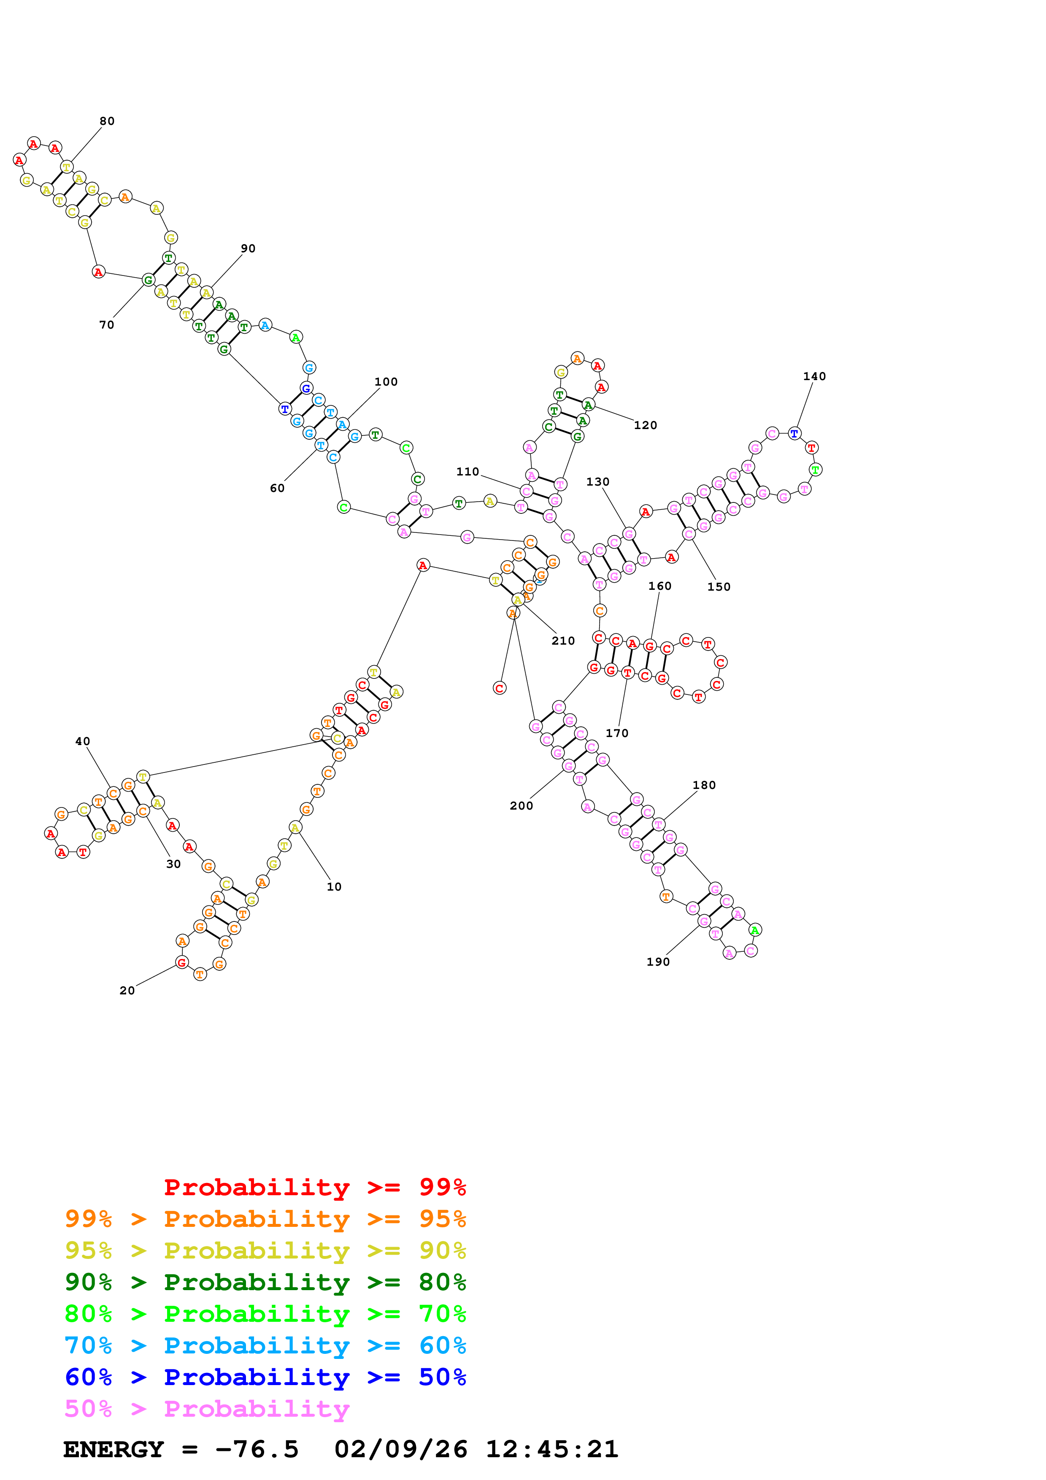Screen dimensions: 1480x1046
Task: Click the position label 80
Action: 107,121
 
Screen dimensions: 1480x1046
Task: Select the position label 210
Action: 562,641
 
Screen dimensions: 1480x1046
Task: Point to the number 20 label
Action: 127,991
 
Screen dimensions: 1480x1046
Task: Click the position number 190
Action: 658,962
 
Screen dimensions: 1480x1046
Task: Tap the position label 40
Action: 83,741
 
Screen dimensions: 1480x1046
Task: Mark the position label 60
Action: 277,489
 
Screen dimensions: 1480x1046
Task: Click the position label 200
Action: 522,806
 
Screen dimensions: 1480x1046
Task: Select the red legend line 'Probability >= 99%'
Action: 314,1187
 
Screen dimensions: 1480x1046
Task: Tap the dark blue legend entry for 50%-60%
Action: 265,1377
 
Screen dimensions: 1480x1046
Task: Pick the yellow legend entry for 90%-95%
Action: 265,1250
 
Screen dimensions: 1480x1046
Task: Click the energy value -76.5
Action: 257,1450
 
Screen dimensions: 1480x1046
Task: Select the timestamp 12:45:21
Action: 551,1450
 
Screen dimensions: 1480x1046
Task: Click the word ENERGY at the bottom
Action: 114,1450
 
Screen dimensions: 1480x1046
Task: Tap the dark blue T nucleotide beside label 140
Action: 794,434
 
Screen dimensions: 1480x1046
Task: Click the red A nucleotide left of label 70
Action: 98,272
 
